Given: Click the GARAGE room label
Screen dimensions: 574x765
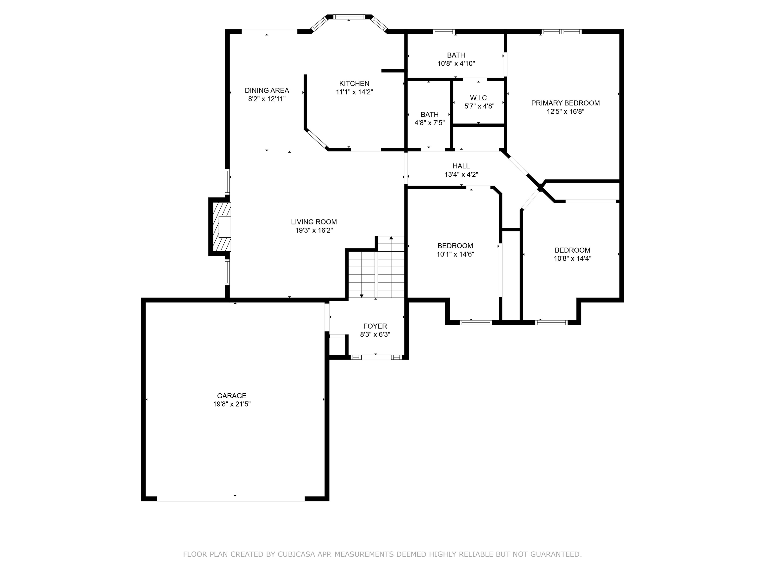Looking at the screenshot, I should click(x=231, y=395).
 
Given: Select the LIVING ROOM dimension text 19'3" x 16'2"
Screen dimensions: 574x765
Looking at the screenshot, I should click(x=314, y=230).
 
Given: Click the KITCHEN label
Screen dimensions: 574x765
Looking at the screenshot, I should click(x=354, y=83).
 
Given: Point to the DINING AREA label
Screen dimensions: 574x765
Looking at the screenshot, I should click(x=267, y=90).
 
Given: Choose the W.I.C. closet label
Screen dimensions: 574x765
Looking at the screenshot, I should click(x=479, y=98).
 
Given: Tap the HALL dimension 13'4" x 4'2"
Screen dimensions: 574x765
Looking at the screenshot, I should click(x=461, y=175).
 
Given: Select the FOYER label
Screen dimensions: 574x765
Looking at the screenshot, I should click(x=375, y=326).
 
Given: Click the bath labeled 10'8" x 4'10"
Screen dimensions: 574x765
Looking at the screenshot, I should click(x=456, y=59).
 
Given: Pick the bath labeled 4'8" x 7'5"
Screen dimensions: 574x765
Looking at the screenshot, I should click(x=429, y=118).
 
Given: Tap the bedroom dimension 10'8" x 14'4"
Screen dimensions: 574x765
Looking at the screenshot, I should click(x=572, y=258).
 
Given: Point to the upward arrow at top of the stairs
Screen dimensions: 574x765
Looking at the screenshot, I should click(x=391, y=238).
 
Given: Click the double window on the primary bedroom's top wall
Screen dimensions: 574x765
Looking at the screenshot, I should click(x=561, y=31).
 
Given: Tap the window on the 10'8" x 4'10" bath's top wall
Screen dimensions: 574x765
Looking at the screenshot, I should click(x=444, y=31).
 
